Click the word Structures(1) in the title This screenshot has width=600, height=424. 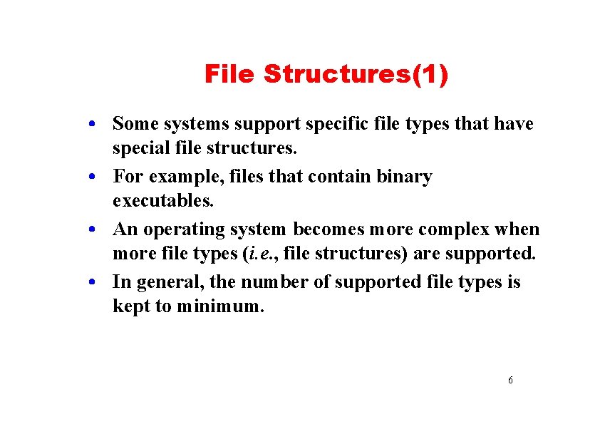[356, 74]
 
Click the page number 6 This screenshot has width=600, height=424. [510, 381]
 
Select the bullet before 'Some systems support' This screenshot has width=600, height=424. [93, 125]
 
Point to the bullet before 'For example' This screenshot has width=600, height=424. [93, 177]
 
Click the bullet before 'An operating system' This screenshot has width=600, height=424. [93, 230]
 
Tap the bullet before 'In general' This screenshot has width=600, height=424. [93, 283]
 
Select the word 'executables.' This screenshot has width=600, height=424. [163, 201]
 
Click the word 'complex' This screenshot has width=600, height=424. [454, 230]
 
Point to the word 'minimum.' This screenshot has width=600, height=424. [220, 307]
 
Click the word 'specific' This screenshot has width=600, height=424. [336, 124]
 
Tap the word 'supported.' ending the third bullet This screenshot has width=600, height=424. [493, 254]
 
